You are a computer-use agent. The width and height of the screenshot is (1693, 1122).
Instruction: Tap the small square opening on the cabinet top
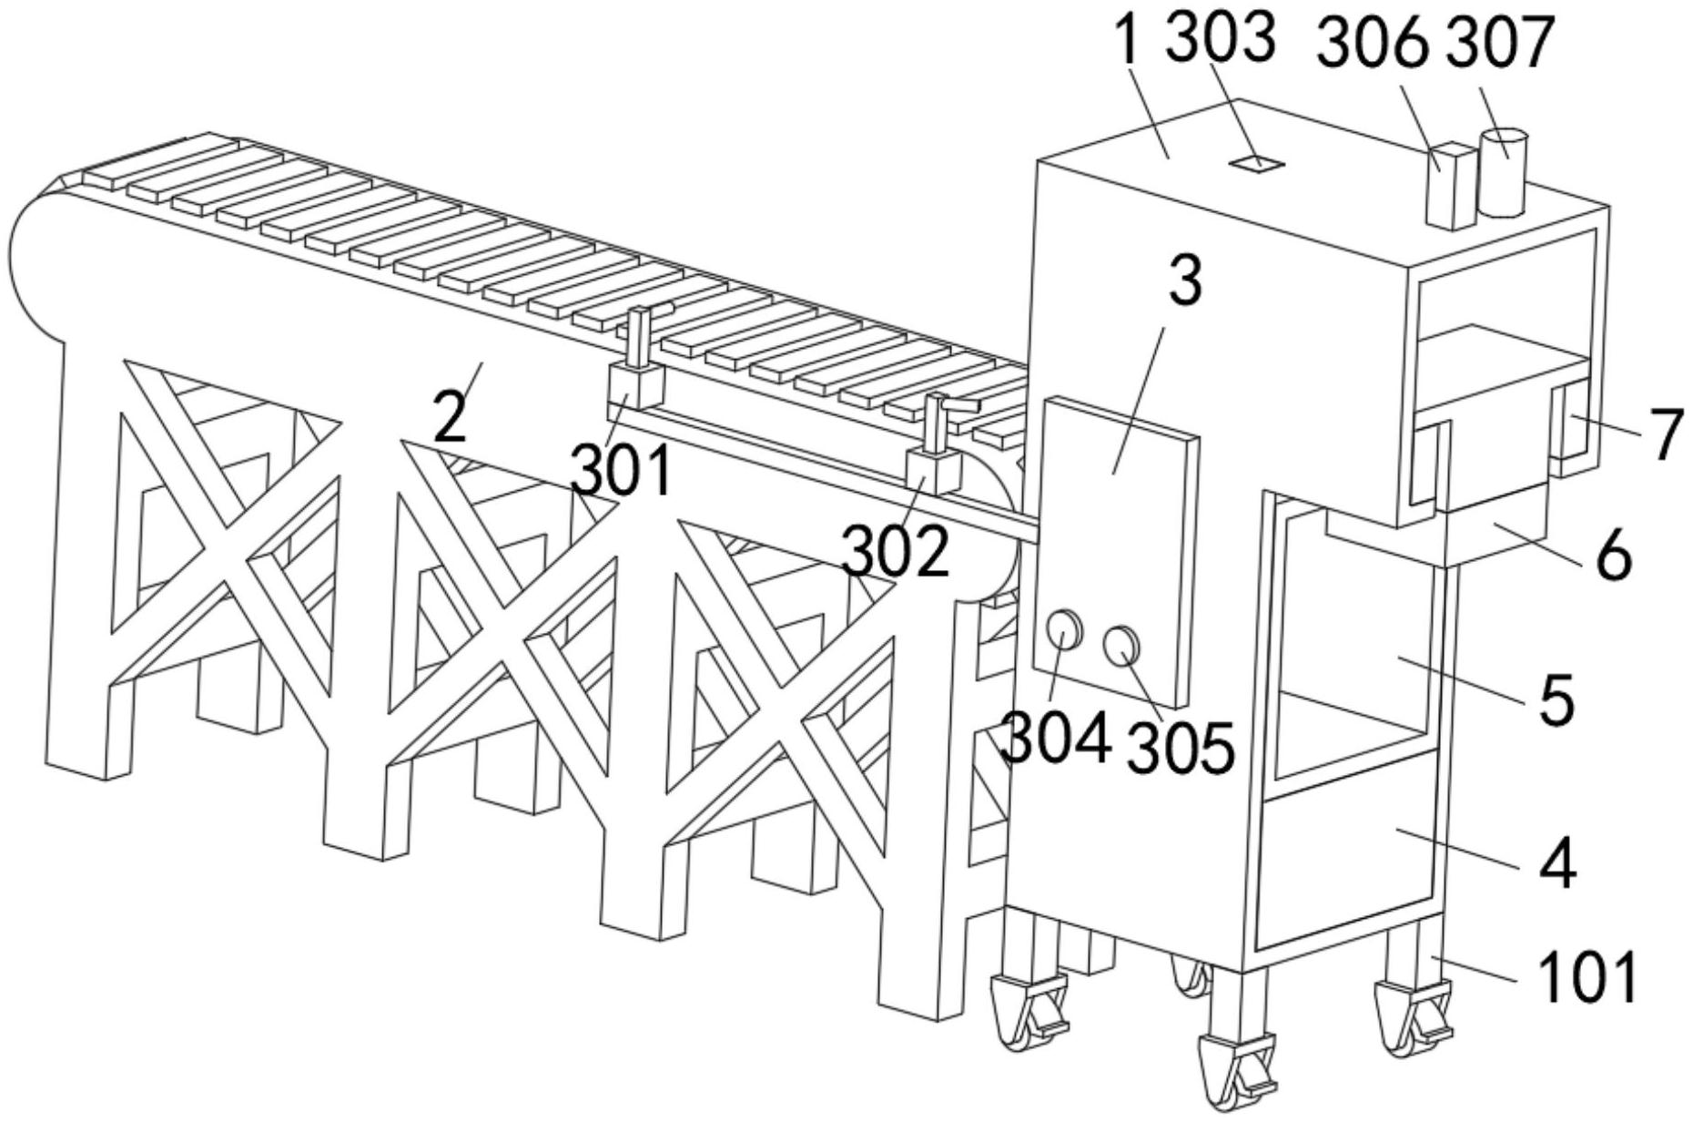(1256, 164)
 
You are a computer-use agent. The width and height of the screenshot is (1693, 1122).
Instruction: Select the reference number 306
(1374, 43)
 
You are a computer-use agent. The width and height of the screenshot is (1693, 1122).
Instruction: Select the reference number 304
(1056, 738)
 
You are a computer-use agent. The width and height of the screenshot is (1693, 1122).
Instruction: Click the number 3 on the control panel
(1185, 280)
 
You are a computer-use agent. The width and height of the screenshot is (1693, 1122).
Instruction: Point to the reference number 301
(622, 470)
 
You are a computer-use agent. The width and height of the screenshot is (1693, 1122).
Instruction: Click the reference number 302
(897, 551)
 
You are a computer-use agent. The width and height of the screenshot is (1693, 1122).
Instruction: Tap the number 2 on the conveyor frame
(451, 418)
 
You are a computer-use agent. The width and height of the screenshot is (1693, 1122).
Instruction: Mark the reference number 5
(1557, 701)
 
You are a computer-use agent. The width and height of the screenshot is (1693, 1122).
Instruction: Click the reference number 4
(1558, 864)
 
